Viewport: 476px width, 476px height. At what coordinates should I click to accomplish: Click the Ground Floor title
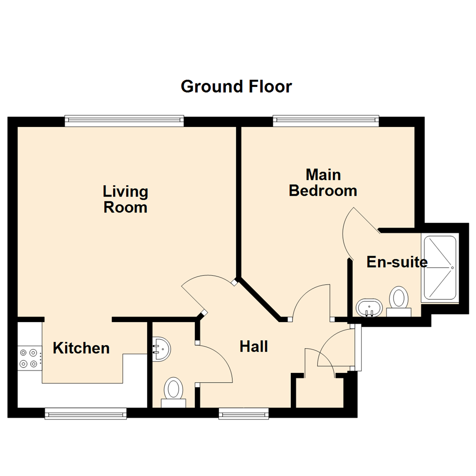(x=236, y=86)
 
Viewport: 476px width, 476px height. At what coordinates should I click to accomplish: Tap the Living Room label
(x=125, y=200)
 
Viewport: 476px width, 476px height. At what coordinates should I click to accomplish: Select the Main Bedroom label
(x=323, y=183)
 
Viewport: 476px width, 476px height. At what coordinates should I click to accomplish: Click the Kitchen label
(x=81, y=348)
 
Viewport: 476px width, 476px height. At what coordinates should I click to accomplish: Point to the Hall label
(x=254, y=346)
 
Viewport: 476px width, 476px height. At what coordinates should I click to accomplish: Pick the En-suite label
(x=397, y=262)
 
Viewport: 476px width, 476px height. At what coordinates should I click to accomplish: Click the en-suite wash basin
(x=369, y=307)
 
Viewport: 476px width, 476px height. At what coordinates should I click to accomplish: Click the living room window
(x=124, y=121)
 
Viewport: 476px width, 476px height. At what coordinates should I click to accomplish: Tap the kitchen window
(x=86, y=413)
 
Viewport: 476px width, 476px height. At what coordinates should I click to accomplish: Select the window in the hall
(x=243, y=413)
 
